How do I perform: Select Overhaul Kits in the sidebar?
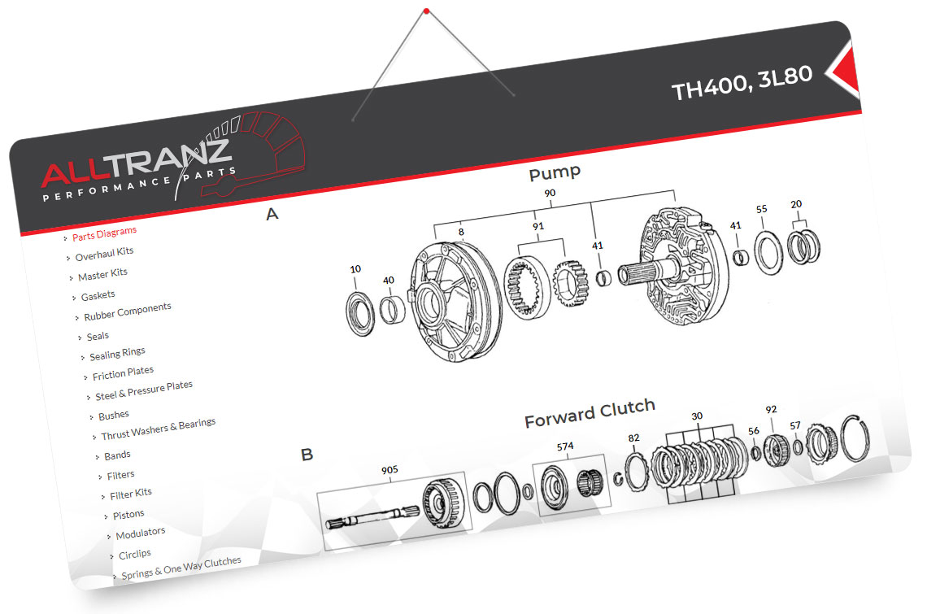click(104, 255)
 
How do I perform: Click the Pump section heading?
click(555, 173)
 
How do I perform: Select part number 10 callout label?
click(355, 269)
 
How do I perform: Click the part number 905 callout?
click(390, 469)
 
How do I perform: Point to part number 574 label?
click(565, 446)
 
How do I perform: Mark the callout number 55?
click(761, 209)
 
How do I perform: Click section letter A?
click(272, 215)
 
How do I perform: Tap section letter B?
click(307, 455)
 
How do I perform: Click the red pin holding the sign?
click(425, 11)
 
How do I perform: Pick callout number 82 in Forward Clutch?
click(634, 438)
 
